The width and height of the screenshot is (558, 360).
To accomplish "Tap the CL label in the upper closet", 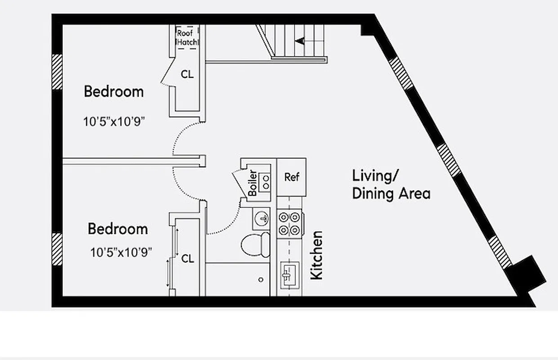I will tap(187, 75).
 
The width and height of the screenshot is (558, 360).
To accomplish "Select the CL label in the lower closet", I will tap(187, 259).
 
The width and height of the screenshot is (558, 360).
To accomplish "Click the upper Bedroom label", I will tap(114, 92).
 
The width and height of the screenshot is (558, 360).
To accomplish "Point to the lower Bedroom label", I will tap(117, 229).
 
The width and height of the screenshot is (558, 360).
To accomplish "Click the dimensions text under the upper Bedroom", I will tap(115, 121).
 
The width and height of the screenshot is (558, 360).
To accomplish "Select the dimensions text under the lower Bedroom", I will tap(121, 252).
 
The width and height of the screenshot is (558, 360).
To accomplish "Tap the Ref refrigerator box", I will tap(291, 177).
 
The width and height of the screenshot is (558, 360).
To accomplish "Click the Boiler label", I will tap(253, 183).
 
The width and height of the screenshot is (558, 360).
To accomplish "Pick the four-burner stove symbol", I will tap(289, 224).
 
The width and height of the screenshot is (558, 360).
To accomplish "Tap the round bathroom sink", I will tap(261, 219).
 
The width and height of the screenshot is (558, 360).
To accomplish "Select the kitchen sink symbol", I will tap(288, 274).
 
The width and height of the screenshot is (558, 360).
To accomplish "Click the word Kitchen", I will tap(317, 255).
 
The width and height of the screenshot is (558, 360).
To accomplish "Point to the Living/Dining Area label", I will tap(390, 184).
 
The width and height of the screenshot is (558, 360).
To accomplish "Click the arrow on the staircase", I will tap(299, 41).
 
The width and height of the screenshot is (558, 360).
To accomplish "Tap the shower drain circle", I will tap(261, 279).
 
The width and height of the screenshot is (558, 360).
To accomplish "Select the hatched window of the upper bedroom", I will tap(57, 72).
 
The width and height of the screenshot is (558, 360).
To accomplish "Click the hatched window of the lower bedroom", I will tap(57, 249).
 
